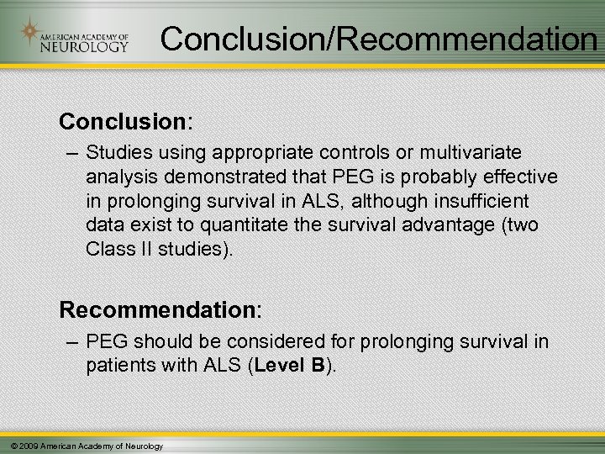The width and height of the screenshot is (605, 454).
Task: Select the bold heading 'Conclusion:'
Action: pyautogui.click(x=126, y=122)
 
